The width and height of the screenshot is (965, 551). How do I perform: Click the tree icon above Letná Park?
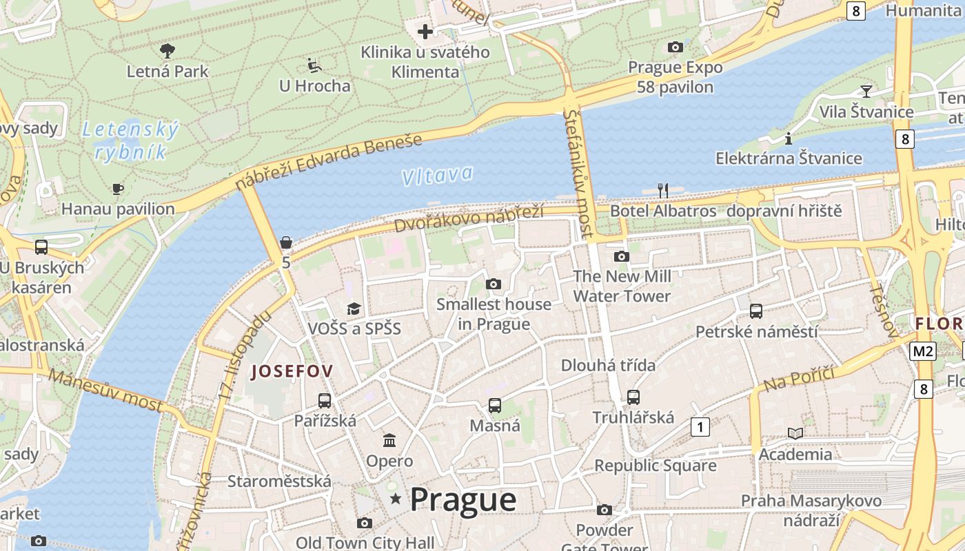167,50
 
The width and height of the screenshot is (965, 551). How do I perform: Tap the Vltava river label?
437,176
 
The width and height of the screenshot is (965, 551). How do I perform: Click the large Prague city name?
463,500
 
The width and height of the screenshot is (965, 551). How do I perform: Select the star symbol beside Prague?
396,499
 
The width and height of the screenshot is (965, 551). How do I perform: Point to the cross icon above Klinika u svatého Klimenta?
425,31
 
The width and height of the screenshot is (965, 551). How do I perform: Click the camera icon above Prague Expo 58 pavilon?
675,47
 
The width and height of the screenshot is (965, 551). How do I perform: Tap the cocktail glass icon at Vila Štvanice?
866,91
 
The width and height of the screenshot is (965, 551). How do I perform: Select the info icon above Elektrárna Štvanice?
789,138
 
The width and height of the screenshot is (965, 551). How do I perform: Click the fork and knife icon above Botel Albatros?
663,190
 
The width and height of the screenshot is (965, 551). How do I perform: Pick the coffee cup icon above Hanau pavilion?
118,188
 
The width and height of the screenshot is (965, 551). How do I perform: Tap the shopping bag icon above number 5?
286,242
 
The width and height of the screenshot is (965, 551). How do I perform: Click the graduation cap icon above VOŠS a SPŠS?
354,309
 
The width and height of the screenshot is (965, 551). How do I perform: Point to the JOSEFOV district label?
292,371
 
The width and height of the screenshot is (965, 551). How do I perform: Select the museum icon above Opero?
389,440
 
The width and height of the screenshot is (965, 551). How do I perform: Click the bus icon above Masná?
494,406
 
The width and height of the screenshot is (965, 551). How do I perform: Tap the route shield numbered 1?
700,427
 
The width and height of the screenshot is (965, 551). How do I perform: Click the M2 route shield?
923,351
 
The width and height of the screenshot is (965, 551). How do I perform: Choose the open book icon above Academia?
795,433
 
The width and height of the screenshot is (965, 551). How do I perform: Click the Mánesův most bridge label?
105,390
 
